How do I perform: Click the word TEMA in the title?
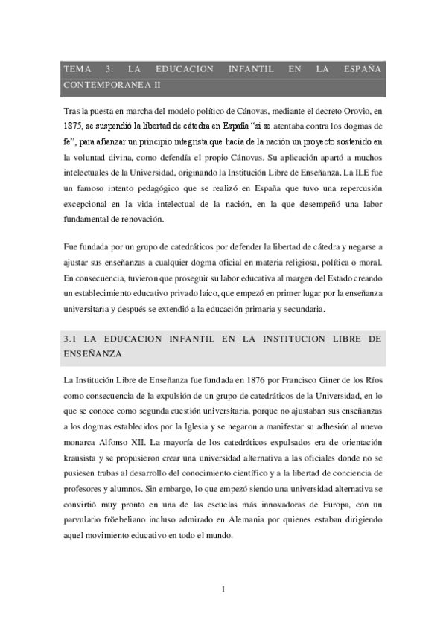pyautogui.click(x=77, y=69)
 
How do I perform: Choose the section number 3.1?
pyautogui.click(x=71, y=339)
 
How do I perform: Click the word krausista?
pyautogui.click(x=84, y=459)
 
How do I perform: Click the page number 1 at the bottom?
pyautogui.click(x=223, y=590)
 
